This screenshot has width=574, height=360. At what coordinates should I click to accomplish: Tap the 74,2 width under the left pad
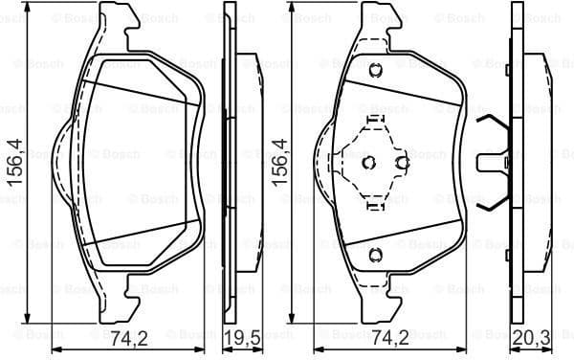pos(127,337)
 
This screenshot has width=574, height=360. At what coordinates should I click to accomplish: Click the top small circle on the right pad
pos(375,69)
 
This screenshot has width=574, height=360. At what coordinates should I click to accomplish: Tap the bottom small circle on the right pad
pos(375,253)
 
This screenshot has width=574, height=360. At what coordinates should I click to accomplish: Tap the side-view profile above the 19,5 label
pos(230,163)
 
